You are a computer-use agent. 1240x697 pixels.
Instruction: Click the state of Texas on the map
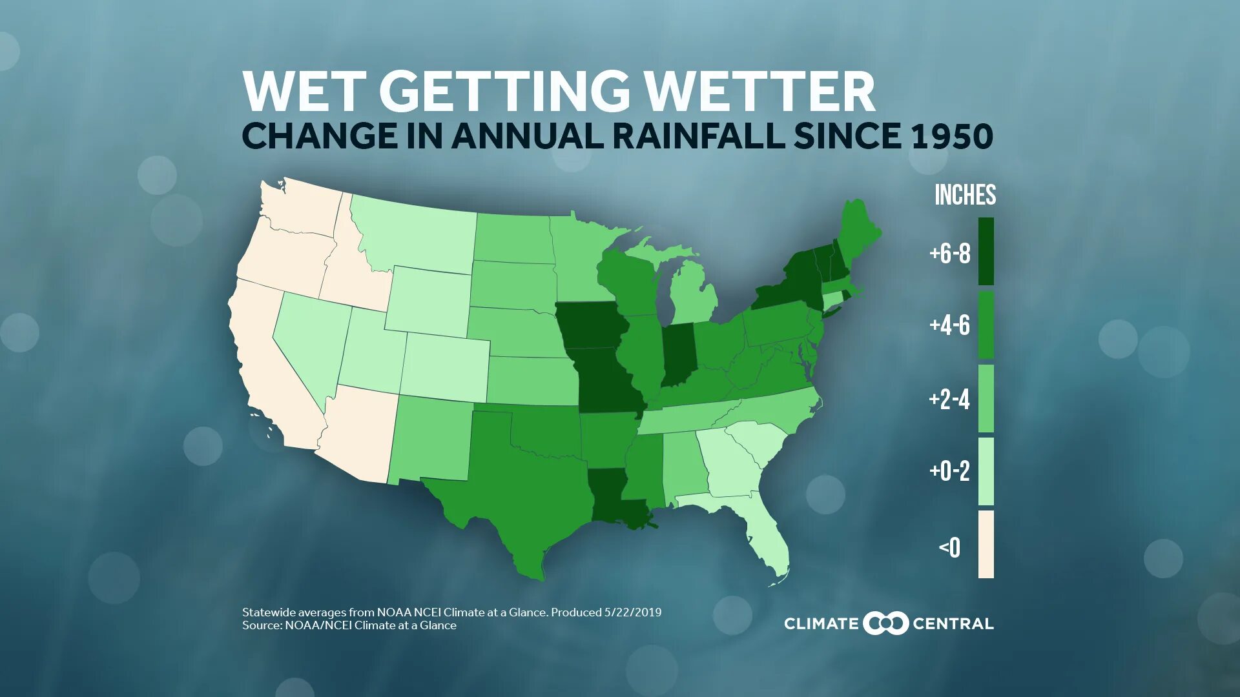pos(530,490)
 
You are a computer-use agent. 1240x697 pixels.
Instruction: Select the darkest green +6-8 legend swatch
pos(986,251)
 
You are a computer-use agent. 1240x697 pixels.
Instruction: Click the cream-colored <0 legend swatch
pos(986,544)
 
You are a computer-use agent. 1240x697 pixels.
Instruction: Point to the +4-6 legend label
pos(949,325)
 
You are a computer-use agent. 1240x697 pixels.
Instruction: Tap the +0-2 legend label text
pos(949,471)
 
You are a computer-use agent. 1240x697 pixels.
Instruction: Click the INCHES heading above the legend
pos(965,195)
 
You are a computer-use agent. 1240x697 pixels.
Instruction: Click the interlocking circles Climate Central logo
pos(885,623)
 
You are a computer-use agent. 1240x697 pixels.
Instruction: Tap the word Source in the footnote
pos(261,625)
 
